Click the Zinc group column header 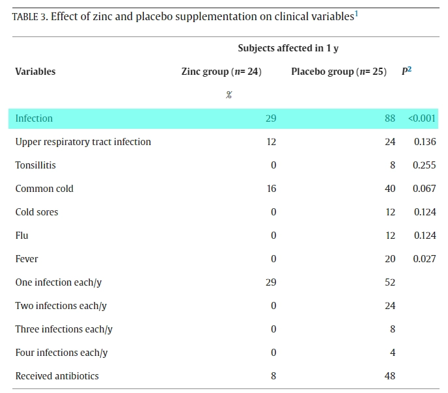point(221,72)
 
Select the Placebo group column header point(339,72)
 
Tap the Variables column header point(35,72)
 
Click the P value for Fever point(425,258)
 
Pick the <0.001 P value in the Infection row point(422,118)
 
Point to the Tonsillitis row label point(35,165)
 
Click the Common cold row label point(44,188)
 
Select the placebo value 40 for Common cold point(390,188)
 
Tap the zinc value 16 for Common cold point(272,188)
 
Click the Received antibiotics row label point(57,376)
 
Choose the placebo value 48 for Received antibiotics point(390,376)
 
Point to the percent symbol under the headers point(229,95)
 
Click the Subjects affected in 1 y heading point(288,48)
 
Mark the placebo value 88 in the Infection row point(390,118)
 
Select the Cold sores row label point(36,211)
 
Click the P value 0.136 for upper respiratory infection point(425,142)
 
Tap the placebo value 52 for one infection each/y point(390,282)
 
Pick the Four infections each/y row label point(61,353)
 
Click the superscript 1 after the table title point(356,14)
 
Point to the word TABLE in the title point(25,17)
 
